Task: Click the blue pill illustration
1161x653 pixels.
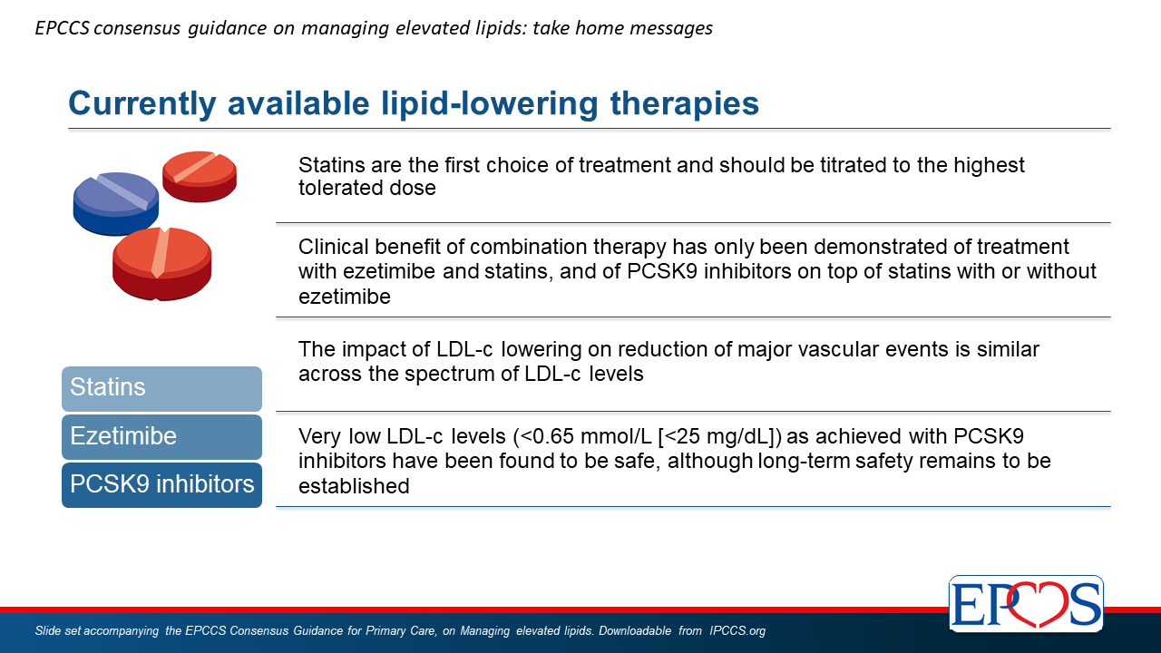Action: pos(115,203)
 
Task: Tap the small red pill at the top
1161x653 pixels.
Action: pos(200,176)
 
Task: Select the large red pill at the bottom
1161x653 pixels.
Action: pos(161,264)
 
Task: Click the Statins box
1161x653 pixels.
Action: pos(161,389)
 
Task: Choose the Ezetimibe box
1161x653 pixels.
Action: pos(161,437)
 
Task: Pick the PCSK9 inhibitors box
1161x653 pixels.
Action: pos(161,485)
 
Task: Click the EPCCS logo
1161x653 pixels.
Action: pos(1026,603)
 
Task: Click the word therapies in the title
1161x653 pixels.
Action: pos(685,104)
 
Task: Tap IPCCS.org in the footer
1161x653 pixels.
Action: pos(737,630)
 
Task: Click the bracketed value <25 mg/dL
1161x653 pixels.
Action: pos(719,436)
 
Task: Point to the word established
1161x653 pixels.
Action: pos(354,486)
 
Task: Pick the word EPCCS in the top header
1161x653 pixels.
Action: pos(63,28)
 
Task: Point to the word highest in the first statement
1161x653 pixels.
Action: pos(989,166)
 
